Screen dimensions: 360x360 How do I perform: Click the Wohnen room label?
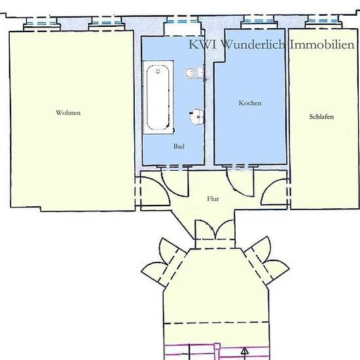[x=68, y=113]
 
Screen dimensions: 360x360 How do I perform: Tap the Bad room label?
[x=179, y=146]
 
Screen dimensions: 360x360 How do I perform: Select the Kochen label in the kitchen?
[x=250, y=103]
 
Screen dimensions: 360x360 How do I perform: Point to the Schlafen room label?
[x=321, y=117]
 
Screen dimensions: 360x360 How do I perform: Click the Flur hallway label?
[x=213, y=198]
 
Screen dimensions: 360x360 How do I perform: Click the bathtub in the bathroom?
[x=158, y=98]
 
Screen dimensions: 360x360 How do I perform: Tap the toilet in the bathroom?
[x=194, y=73]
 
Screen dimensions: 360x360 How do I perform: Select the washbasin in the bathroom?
[x=197, y=117]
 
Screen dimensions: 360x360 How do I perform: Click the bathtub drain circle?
[x=158, y=71]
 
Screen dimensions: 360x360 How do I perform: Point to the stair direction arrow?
[x=245, y=352]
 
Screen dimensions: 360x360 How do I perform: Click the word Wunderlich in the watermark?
[x=253, y=45]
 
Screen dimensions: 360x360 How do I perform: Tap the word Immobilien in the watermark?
[x=322, y=45]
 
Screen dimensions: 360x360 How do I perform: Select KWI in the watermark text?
[x=202, y=45]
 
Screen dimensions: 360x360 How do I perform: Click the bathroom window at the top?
[x=183, y=22]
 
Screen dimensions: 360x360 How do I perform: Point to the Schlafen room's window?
[x=323, y=21]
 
